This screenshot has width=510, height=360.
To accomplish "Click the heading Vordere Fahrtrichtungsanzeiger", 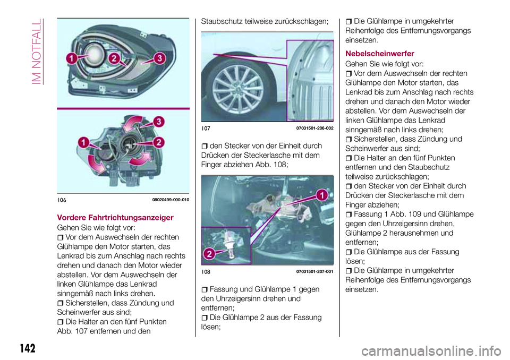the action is [115, 217].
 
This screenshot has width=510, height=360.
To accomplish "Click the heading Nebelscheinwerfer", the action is [379, 53].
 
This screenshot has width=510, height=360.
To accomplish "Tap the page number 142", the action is [28, 348].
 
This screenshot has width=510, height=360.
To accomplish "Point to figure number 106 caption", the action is [62, 200].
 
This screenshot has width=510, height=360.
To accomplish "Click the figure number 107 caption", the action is [206, 128].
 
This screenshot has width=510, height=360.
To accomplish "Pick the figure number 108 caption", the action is [206, 271].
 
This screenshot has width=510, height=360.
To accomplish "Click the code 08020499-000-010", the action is [171, 200].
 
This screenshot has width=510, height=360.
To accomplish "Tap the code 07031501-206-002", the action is [314, 128].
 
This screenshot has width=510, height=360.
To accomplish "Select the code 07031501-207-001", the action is [314, 271].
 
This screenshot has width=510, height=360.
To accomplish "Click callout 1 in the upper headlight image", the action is [72, 59].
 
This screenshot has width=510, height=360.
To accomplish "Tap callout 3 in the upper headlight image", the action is [159, 58].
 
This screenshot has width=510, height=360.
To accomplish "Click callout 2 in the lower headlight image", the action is [159, 142].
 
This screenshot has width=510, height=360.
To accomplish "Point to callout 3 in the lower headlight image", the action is [159, 122].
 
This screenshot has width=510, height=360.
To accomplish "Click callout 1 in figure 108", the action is [322, 195].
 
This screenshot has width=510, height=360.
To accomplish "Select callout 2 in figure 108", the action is [209, 254].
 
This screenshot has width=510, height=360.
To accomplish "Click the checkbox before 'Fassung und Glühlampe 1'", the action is [205, 289].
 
